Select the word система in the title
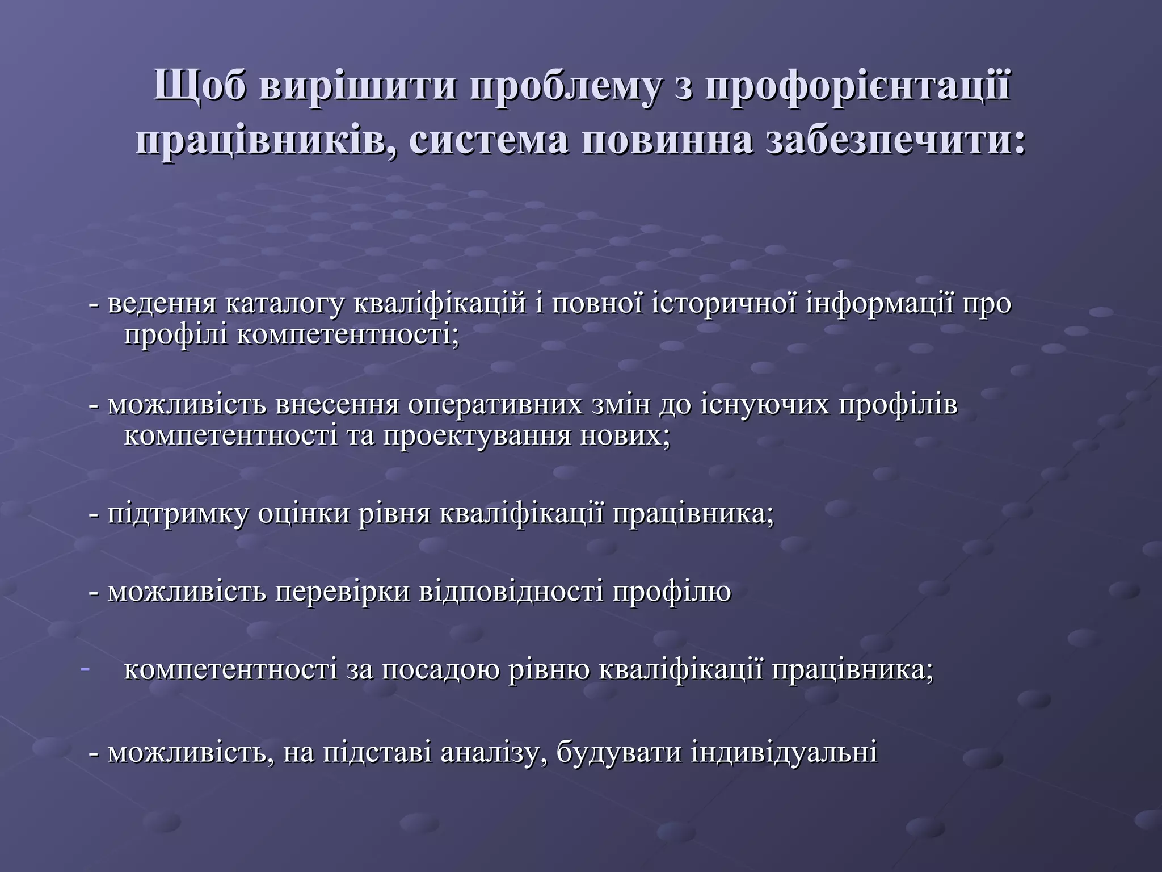(x=487, y=140)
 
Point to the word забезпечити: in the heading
(x=896, y=140)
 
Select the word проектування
(x=477, y=436)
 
